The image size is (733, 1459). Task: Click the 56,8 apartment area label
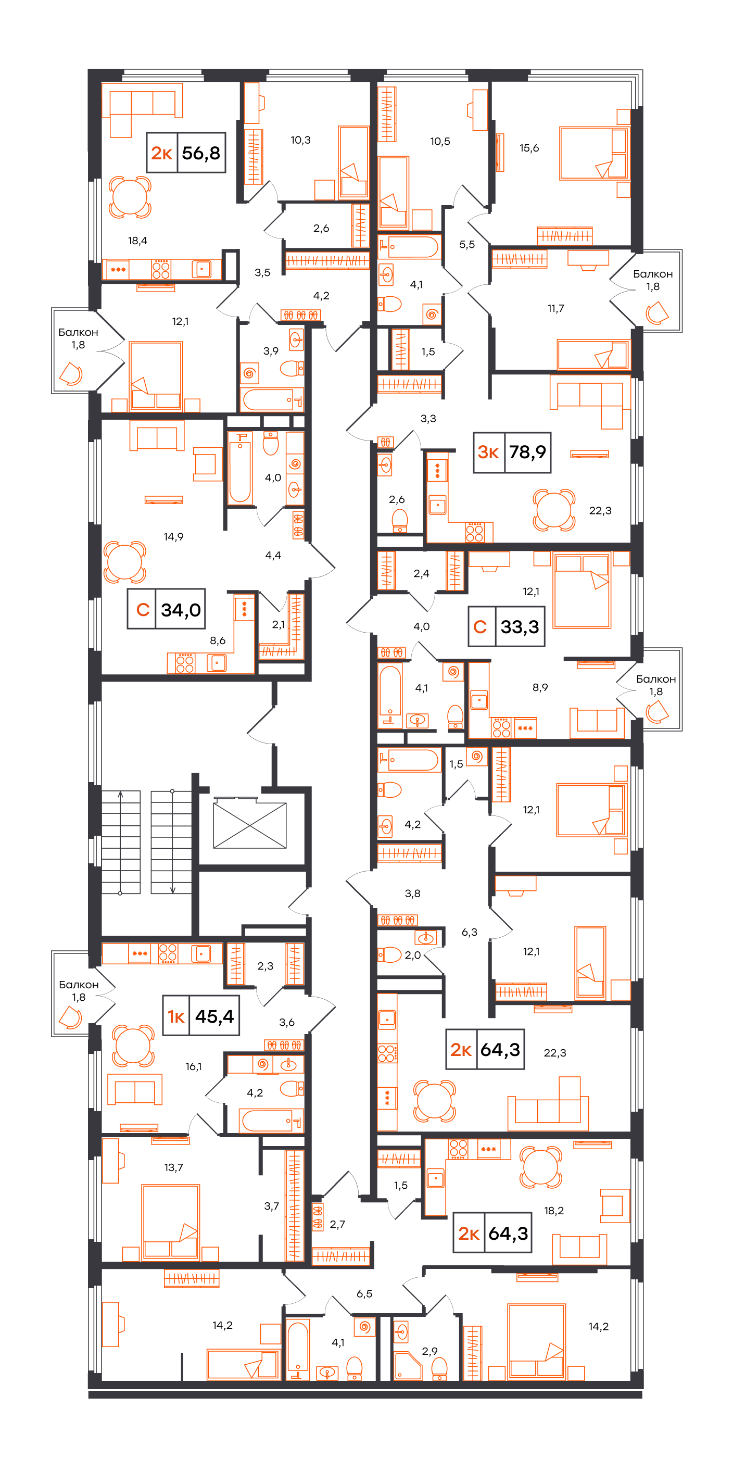(x=200, y=153)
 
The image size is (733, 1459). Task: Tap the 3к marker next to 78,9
(x=488, y=452)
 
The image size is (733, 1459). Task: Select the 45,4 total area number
(x=214, y=1016)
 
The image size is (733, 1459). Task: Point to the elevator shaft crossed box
(x=249, y=825)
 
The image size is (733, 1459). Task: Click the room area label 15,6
(x=529, y=148)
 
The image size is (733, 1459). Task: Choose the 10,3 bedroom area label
(x=300, y=140)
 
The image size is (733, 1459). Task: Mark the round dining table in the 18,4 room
(x=130, y=196)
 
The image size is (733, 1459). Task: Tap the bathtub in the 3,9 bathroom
(x=271, y=399)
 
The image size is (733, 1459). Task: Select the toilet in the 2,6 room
(x=400, y=521)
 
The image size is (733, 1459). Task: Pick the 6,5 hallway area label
(x=364, y=1293)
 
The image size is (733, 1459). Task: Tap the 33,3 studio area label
(x=520, y=626)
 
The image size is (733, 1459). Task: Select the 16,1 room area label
(x=193, y=1066)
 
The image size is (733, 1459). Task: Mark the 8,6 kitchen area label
(x=218, y=640)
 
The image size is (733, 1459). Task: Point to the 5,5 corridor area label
(x=467, y=245)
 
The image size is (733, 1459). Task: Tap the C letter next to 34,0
(x=143, y=609)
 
